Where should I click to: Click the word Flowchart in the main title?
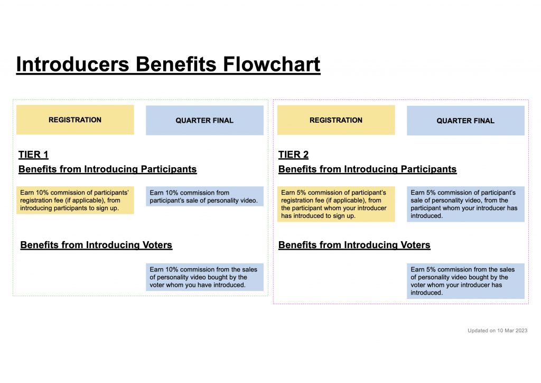coord(272,64)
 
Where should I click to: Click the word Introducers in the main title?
coord(73,64)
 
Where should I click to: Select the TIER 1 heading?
coord(33,154)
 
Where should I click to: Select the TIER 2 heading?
coord(294,154)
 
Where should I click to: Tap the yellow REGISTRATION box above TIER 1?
coord(75,120)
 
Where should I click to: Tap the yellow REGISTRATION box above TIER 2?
coord(336,120)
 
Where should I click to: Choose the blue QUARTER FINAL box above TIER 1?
coord(204,121)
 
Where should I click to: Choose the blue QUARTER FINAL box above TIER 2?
coord(465,121)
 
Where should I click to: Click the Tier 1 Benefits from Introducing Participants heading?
coord(108,169)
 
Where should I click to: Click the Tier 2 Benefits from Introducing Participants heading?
coord(368,169)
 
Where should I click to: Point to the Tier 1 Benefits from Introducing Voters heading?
coord(96,245)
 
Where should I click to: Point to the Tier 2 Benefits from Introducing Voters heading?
coord(355,245)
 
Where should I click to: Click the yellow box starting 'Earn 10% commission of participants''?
coord(75,200)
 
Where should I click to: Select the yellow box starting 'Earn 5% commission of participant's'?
coord(336,204)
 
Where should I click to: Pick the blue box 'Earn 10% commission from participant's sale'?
coord(204,196)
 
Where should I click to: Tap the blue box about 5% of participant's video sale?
coord(465,204)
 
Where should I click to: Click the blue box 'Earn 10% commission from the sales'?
coord(204,277)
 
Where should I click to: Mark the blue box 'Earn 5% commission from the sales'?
coord(465,281)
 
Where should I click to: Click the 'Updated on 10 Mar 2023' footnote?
coord(498,331)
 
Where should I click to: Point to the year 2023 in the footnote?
coord(521,331)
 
